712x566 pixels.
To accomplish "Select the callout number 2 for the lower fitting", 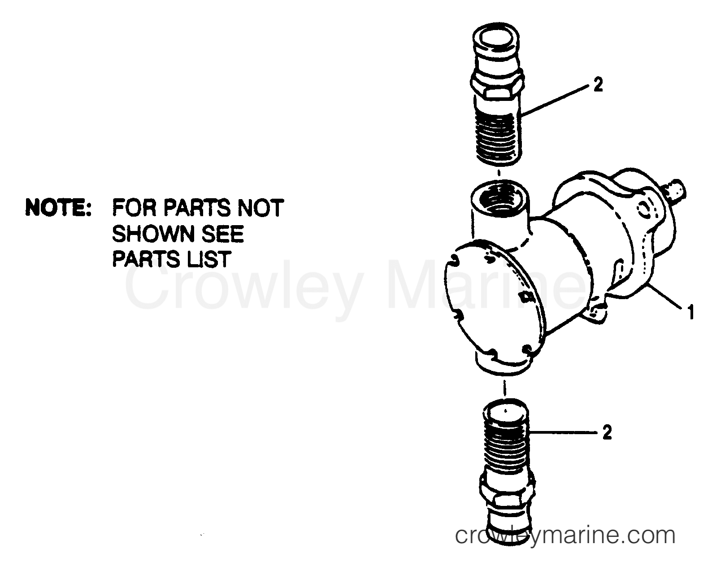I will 607,433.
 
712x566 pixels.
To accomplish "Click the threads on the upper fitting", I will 499,135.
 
